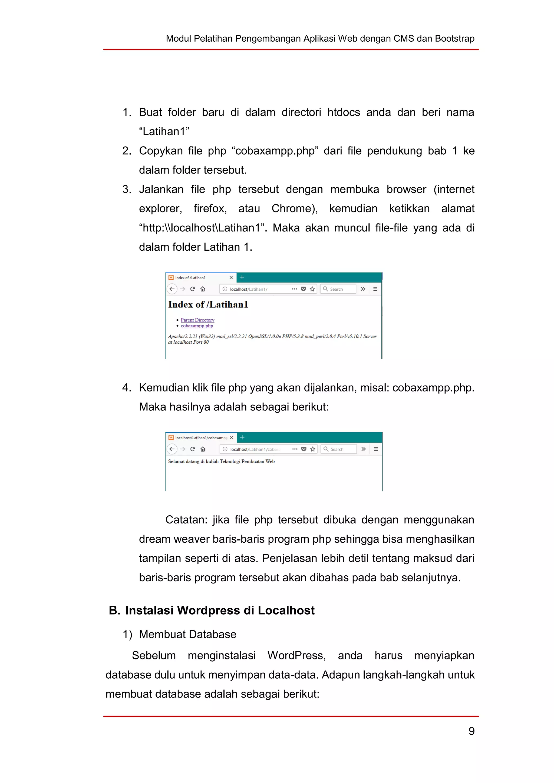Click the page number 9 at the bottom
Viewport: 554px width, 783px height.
point(471,731)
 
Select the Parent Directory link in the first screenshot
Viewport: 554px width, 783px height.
point(197,320)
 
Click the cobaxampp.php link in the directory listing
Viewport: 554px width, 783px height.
point(197,326)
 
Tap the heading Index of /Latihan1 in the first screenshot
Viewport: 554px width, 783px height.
point(208,304)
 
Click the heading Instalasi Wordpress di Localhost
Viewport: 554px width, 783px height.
point(220,611)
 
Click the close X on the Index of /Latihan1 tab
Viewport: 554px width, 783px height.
point(231,278)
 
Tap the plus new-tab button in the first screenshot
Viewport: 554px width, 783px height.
point(242,277)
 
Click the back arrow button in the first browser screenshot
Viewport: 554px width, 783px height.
point(172,289)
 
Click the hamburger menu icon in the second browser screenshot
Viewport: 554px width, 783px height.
point(375,449)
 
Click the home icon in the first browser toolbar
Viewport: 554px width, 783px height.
point(203,289)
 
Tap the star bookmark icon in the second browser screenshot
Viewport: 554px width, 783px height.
point(312,449)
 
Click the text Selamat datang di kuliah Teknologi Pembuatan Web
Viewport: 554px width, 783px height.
point(221,462)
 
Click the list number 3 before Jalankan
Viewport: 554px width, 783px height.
point(127,189)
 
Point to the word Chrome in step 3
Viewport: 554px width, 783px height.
point(294,208)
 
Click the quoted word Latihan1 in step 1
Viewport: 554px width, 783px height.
point(164,132)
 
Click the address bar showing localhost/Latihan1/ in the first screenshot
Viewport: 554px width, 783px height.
point(256,289)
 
